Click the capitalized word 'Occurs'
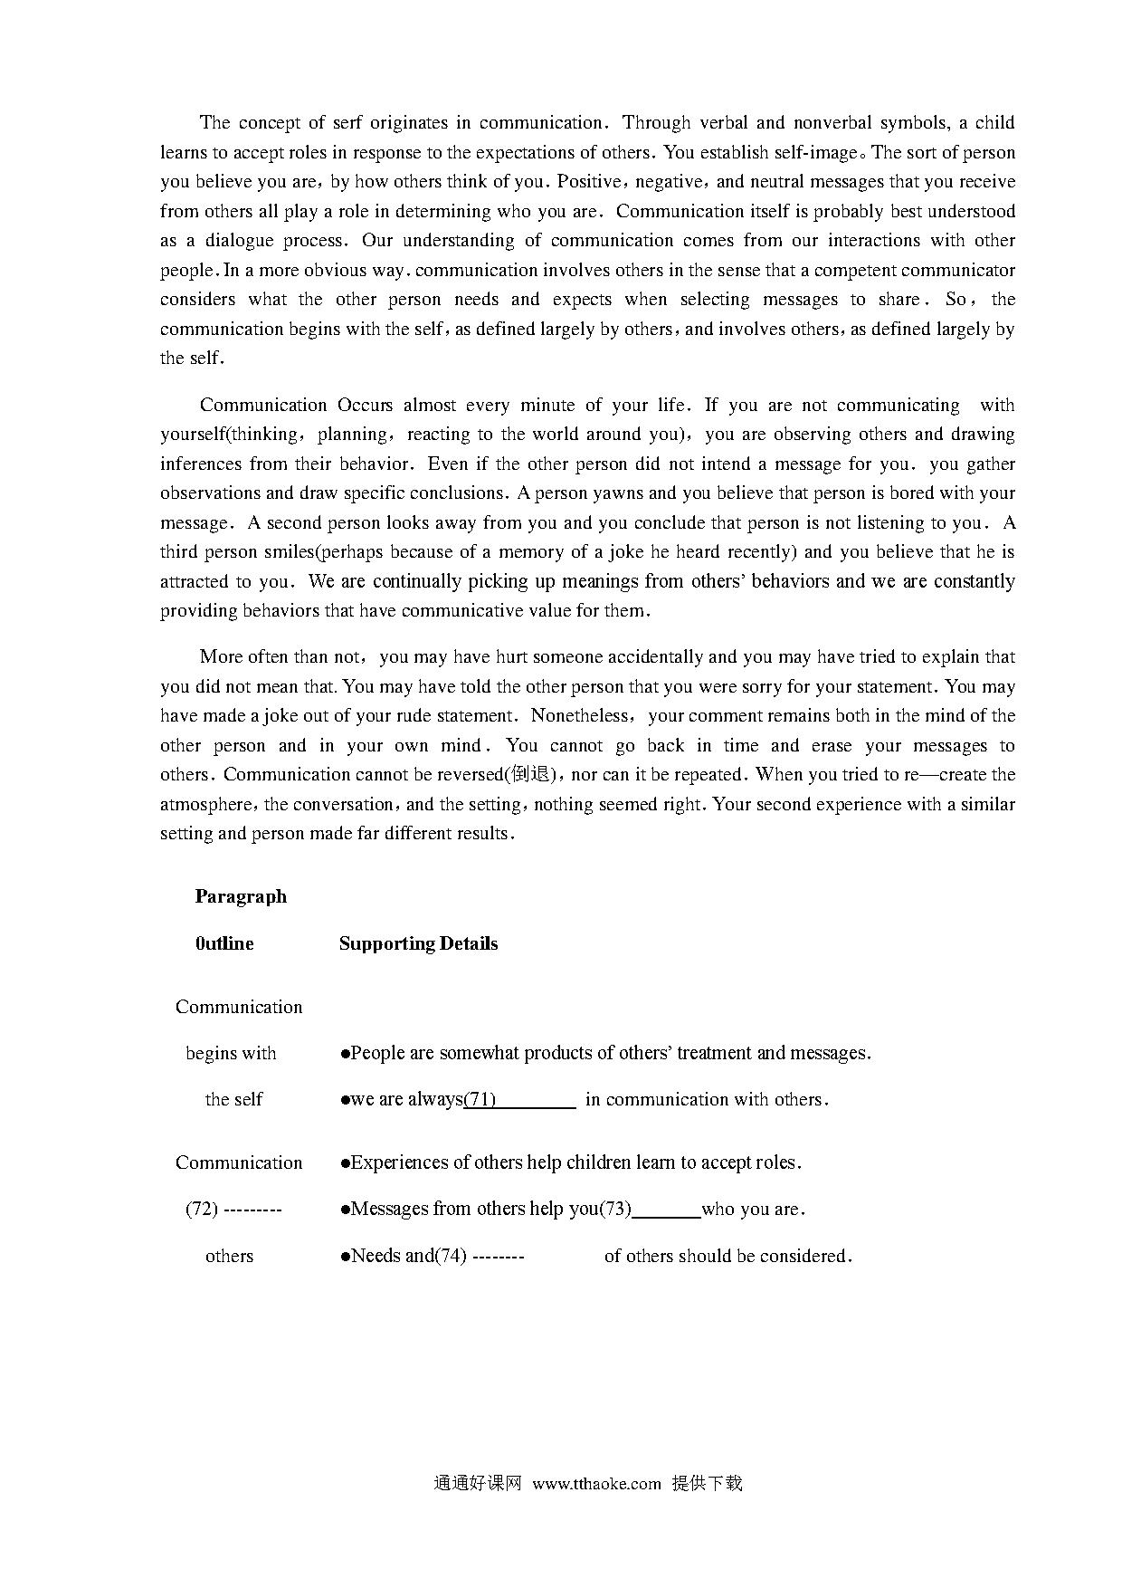pos(366,405)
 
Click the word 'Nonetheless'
pos(580,715)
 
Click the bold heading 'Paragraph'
pos(241,896)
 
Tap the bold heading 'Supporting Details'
pos(418,943)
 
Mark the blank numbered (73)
pos(666,1210)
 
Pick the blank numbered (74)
pos(499,1256)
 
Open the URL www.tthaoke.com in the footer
pos(596,1484)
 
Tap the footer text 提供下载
pos(708,1484)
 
